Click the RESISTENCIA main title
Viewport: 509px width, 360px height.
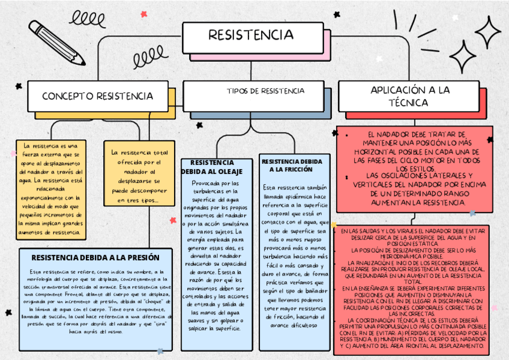[x=251, y=35]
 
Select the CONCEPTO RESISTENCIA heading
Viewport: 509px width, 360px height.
[x=97, y=96]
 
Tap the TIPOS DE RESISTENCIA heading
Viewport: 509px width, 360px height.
[x=265, y=91]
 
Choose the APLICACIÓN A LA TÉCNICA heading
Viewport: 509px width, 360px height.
[x=410, y=96]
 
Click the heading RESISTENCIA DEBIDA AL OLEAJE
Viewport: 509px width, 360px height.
[x=215, y=167]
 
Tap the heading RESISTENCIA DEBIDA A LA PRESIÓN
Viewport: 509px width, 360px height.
[x=95, y=257]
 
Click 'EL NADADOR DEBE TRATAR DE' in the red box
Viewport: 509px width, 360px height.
[x=414, y=136]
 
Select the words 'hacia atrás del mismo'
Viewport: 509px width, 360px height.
[x=95, y=331]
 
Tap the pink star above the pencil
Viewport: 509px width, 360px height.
[x=143, y=14]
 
